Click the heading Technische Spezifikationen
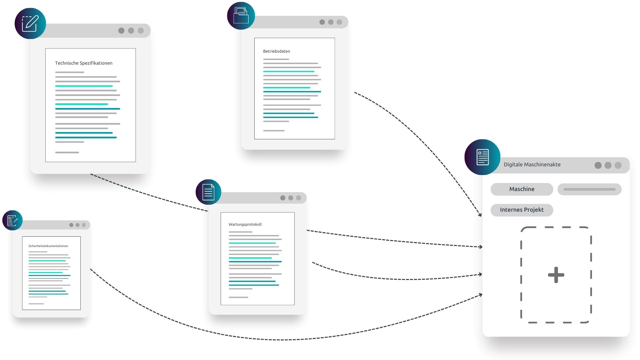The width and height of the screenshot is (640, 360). (84, 63)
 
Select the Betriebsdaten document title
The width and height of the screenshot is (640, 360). (277, 51)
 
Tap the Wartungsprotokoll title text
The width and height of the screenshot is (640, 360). (245, 224)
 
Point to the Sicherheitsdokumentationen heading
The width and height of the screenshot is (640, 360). (48, 246)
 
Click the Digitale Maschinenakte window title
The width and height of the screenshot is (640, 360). (532, 164)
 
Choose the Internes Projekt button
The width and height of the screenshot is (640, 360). (522, 210)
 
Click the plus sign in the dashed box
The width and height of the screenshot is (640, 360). (556, 275)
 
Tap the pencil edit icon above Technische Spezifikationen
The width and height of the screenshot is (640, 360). (30, 24)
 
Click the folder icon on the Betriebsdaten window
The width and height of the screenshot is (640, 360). (241, 16)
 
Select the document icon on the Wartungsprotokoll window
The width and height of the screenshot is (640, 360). (208, 192)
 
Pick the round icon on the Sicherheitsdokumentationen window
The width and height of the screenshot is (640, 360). (12, 220)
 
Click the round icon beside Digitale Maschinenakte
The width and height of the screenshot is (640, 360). (482, 157)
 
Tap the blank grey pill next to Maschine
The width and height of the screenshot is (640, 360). (589, 189)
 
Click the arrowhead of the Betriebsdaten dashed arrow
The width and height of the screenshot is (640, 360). (480, 214)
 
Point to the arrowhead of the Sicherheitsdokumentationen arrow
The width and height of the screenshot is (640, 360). (480, 295)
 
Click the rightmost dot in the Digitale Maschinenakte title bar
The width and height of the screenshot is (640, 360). (618, 165)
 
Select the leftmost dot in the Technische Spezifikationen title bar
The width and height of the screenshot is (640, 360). (121, 31)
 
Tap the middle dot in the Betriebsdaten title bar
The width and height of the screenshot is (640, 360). (331, 22)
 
